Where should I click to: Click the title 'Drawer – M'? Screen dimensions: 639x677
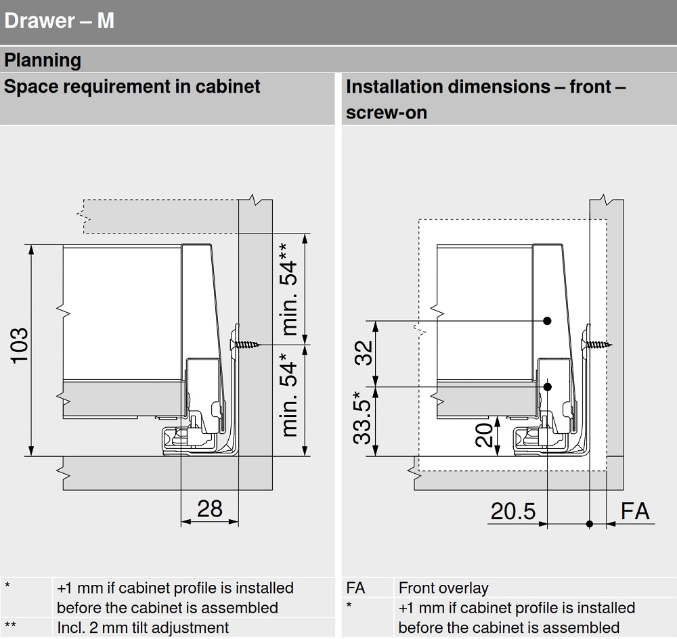click(x=59, y=21)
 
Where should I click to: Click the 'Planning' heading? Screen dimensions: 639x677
click(x=43, y=60)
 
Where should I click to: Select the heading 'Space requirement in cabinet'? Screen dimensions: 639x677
click(x=133, y=87)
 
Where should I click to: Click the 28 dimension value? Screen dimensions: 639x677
click(x=209, y=508)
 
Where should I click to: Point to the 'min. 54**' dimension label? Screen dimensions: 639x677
click(x=288, y=289)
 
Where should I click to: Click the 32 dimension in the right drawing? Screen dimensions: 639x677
click(x=364, y=353)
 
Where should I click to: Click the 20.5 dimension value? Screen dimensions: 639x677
click(x=512, y=511)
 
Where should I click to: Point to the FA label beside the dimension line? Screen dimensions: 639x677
click(x=635, y=511)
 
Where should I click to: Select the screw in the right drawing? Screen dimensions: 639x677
click(x=597, y=344)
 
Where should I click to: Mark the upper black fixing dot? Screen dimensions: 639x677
click(x=548, y=320)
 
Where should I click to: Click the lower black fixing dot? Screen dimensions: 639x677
click(x=548, y=387)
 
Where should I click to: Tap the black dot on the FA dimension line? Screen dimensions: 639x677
click(x=590, y=523)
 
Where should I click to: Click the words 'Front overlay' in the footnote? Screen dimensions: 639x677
click(x=443, y=588)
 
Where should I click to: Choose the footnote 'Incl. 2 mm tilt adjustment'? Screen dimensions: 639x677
click(x=143, y=627)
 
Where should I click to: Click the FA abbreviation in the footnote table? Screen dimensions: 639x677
click(x=355, y=588)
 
